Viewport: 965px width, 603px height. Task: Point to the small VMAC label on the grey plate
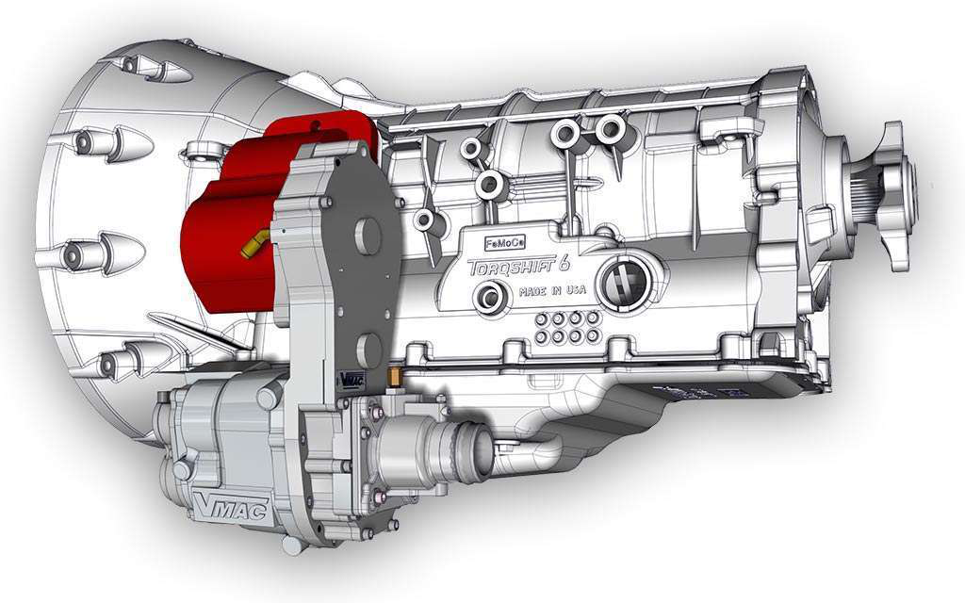(350, 379)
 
